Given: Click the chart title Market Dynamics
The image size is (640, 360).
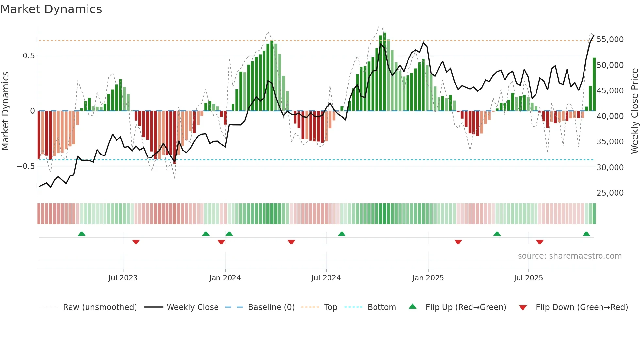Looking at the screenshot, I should click(x=51, y=9).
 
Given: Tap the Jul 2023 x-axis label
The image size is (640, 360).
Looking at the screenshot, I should click(x=123, y=278).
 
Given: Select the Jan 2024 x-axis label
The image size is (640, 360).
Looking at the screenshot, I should click(x=225, y=278).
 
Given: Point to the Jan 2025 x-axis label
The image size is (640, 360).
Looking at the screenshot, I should click(x=428, y=278).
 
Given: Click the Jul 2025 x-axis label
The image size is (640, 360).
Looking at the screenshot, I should click(x=528, y=278).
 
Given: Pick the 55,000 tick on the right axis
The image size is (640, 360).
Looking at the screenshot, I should click(x=610, y=40).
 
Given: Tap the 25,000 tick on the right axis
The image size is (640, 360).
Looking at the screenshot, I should click(x=610, y=193).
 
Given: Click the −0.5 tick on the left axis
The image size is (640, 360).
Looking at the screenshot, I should click(x=26, y=166).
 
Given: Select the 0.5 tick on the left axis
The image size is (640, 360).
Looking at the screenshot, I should click(x=29, y=56).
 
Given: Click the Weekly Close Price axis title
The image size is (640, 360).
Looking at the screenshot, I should click(x=634, y=111).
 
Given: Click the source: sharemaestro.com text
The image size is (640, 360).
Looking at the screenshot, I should click(x=569, y=256).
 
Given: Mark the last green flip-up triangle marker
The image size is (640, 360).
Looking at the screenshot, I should click(x=586, y=234).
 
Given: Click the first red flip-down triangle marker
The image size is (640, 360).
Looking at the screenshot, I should click(x=136, y=242).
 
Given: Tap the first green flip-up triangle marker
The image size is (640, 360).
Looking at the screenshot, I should click(x=82, y=234).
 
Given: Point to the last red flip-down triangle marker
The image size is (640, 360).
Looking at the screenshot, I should click(x=539, y=242).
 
